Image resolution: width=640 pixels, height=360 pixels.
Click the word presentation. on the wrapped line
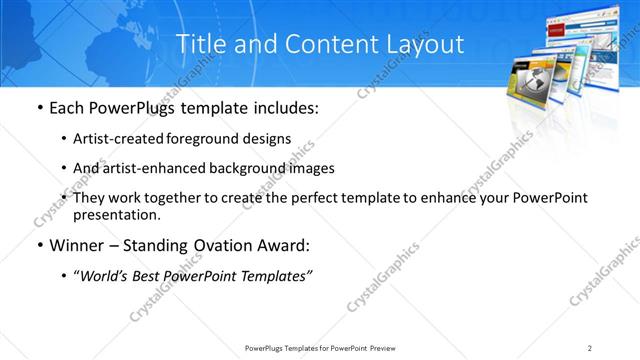pos(116,214)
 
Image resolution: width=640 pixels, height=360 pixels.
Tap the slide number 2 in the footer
pos(590,348)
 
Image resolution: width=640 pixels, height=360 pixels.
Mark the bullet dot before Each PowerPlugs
pos(38,107)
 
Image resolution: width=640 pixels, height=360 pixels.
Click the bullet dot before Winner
pos(38,245)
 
